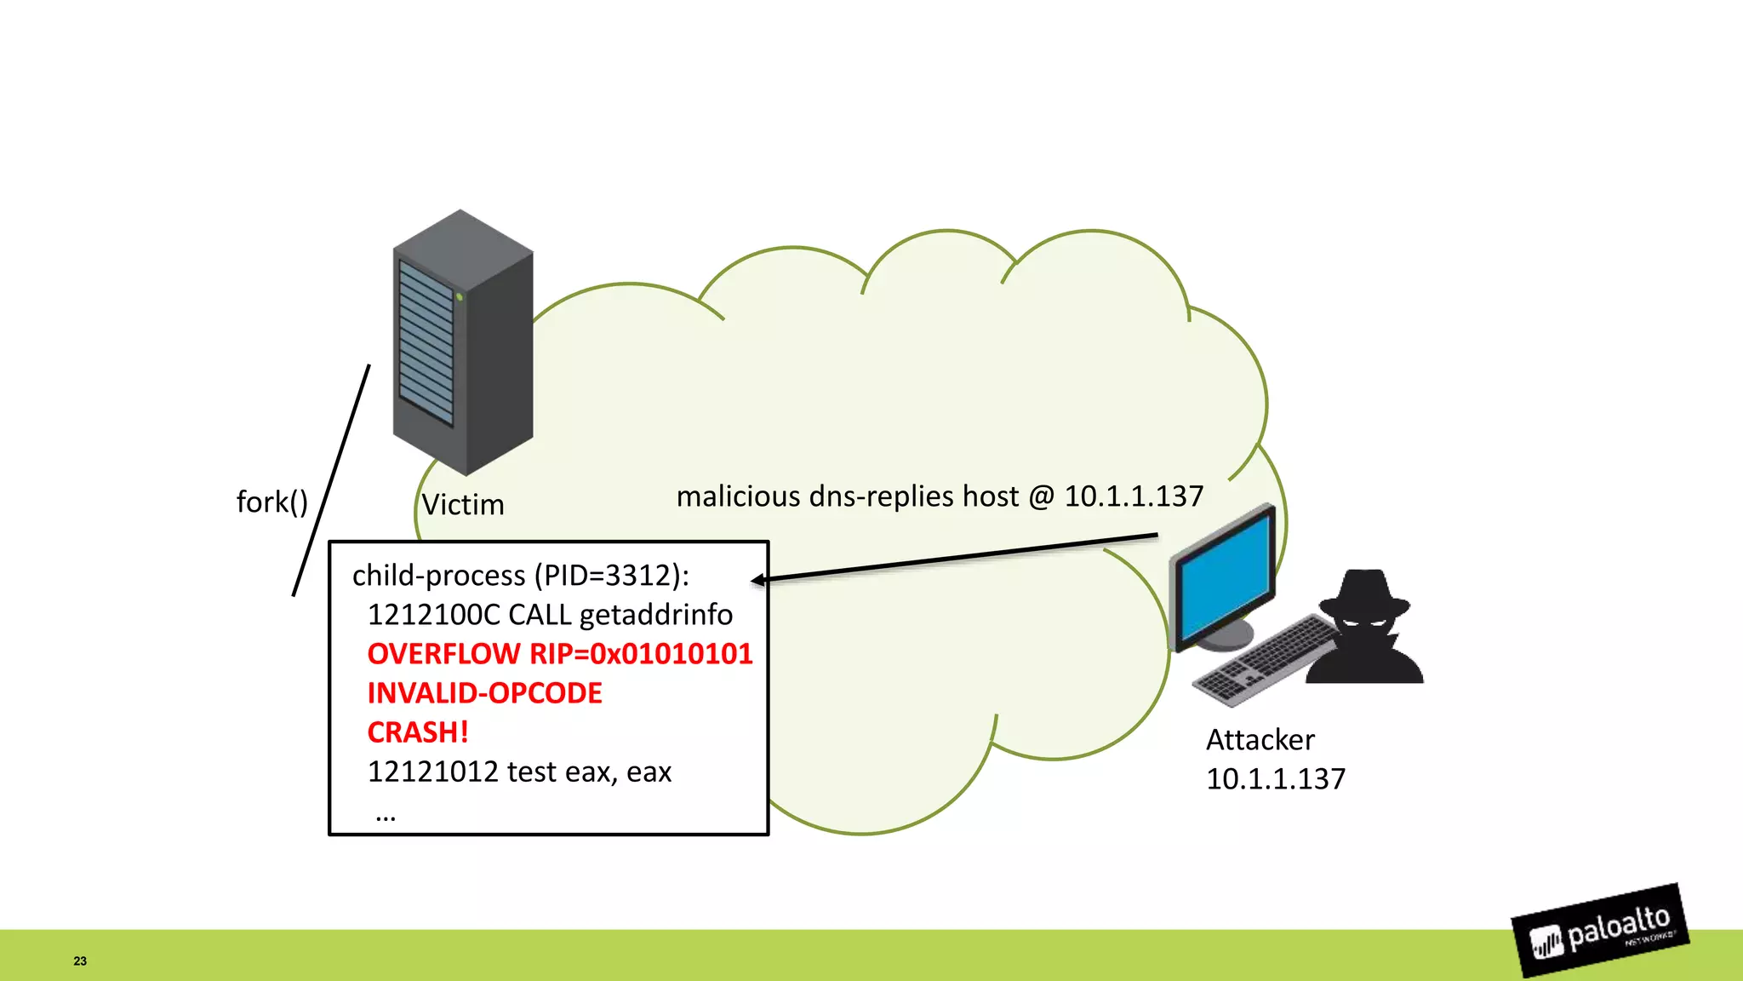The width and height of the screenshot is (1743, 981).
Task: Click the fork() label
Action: pyautogui.click(x=271, y=502)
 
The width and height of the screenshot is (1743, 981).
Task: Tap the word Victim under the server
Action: pyautogui.click(x=463, y=505)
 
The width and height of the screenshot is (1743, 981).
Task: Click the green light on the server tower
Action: pyautogui.click(x=460, y=296)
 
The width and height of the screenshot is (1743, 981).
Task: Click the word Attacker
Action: pyautogui.click(x=1260, y=740)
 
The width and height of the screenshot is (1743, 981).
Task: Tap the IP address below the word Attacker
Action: pyautogui.click(x=1275, y=779)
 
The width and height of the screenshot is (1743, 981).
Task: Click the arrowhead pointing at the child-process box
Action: pyautogui.click(x=757, y=580)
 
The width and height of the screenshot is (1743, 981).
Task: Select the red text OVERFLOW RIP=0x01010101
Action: pyautogui.click(x=559, y=654)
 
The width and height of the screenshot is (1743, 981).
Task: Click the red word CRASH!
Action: pyautogui.click(x=417, y=732)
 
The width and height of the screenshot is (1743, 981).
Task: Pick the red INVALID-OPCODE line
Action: pyautogui.click(x=484, y=693)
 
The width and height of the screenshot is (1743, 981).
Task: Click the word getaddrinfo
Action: pyautogui.click(x=655, y=615)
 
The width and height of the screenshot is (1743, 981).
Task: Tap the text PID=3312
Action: pyautogui.click(x=608, y=576)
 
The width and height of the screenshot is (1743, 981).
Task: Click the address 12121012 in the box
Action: pyautogui.click(x=432, y=772)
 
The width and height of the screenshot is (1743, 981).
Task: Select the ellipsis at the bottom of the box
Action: pyautogui.click(x=385, y=817)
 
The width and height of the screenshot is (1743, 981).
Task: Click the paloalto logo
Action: pyautogui.click(x=1600, y=931)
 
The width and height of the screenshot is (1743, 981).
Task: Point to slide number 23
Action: pyautogui.click(x=80, y=961)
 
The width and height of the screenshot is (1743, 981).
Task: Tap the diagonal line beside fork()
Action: pyautogui.click(x=331, y=480)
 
